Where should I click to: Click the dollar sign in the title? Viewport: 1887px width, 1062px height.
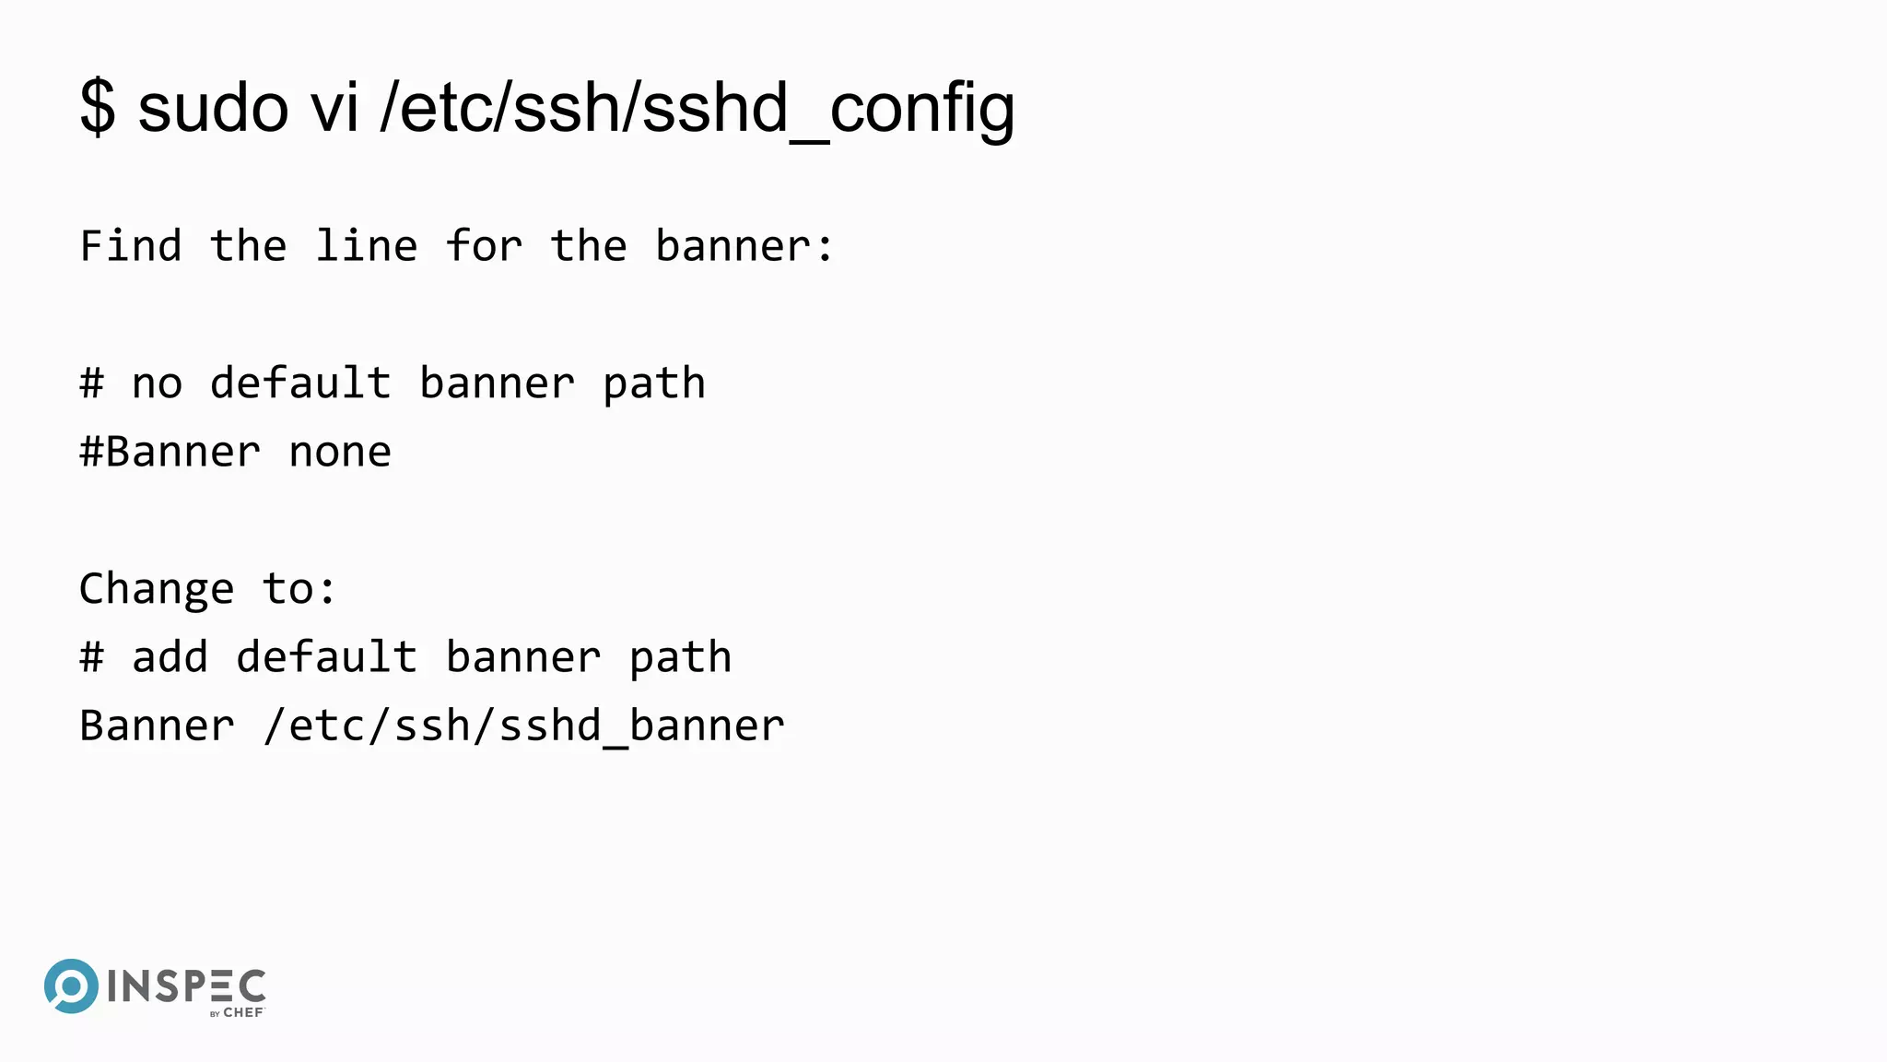98,108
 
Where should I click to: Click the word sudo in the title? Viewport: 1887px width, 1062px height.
214,108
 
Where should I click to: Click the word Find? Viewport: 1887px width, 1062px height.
131,246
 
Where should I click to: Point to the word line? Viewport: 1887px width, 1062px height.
366,246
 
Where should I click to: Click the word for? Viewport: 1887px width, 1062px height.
485,246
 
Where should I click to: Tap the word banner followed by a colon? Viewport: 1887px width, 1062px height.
744,246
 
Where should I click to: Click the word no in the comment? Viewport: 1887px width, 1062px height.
157,383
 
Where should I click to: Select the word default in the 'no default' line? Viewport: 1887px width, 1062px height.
300,383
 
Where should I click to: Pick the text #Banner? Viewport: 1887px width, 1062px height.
170,453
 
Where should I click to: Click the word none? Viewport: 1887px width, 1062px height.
340,453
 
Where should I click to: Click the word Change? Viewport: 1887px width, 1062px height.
157,589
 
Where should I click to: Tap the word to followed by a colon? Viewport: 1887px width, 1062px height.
299,589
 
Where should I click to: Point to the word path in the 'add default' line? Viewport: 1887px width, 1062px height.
680,658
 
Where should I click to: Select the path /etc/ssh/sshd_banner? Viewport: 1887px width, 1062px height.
523,726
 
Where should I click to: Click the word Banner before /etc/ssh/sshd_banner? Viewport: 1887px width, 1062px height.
157,726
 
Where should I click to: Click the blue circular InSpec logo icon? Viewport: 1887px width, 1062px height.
71,986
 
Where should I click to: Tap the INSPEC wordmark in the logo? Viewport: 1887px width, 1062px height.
186,987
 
